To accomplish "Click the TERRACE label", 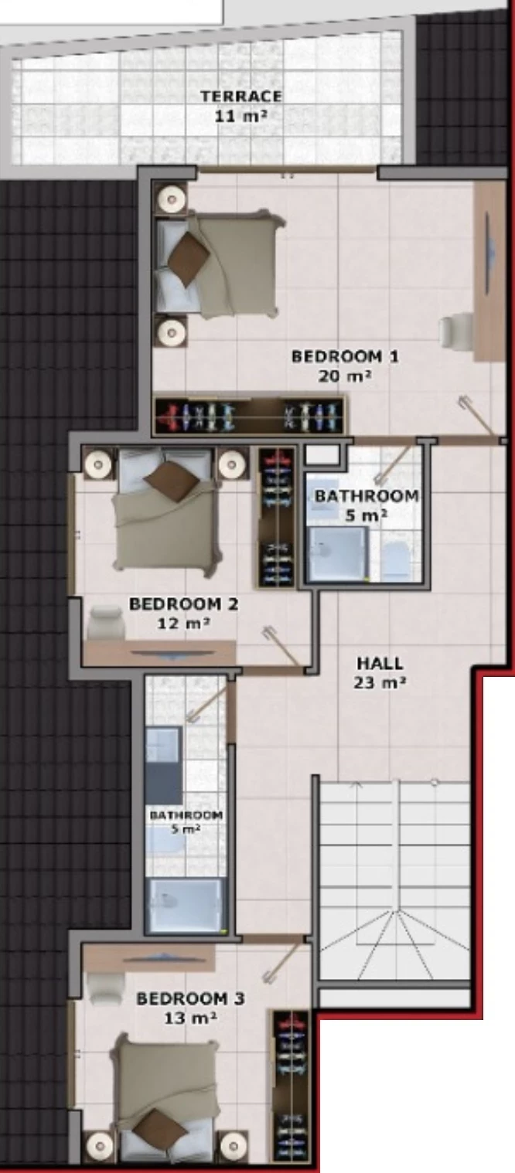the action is coord(241,97).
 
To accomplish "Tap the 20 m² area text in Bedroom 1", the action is coord(345,376).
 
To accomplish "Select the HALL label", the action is coord(380,663).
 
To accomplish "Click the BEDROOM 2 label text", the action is coord(183,603).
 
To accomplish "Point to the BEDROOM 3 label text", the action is coord(190,998).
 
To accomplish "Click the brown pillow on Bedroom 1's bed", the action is coord(188,259).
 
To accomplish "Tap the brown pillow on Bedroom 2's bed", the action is coord(172,480).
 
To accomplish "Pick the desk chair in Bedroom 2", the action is coord(107,621).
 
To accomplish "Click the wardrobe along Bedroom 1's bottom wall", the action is coord(250,415).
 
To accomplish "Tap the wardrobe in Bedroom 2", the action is coord(277,516).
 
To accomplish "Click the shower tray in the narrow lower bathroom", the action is coord(187,906).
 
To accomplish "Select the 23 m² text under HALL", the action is coord(380,683).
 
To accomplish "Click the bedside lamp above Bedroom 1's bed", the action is coord(172,198).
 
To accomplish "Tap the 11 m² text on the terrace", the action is coord(241,116).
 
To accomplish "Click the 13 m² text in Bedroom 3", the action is coord(190,1018).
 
